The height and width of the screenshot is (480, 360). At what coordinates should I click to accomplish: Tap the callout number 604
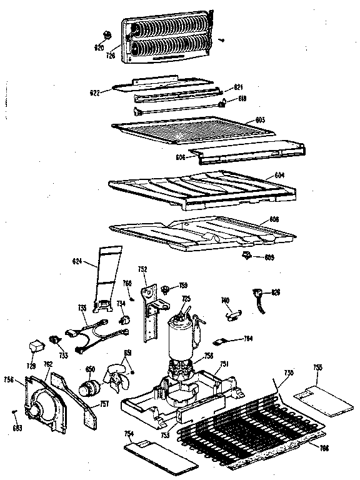click(x=280, y=177)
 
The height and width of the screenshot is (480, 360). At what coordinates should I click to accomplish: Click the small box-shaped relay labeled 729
click(x=38, y=345)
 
